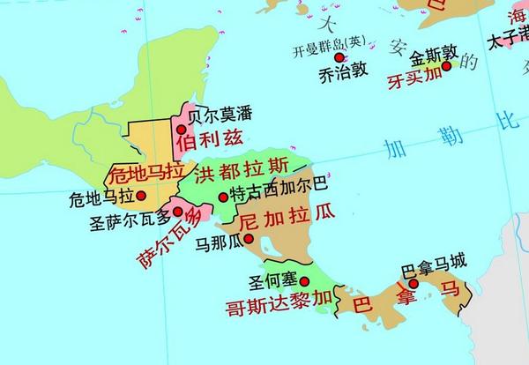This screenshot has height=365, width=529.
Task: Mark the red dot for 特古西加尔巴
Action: point(222,197)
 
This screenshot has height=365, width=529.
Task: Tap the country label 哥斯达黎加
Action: point(279,305)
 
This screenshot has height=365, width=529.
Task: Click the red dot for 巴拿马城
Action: point(413,283)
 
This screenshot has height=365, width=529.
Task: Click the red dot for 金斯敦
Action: point(446,65)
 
